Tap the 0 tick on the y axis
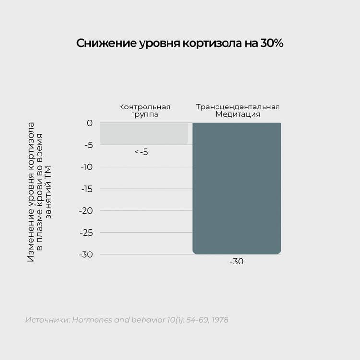tap(90, 123)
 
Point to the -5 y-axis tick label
tap(87, 145)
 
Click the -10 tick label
tap(86, 167)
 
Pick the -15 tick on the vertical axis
tap(86, 189)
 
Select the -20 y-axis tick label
tap(86, 211)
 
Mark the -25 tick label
tap(86, 232)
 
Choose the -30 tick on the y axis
tap(86, 254)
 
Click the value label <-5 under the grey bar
tap(141, 152)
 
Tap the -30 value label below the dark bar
tap(237, 262)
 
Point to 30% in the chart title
tap(272, 43)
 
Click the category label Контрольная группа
tap(144, 110)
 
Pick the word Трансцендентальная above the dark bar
tap(238, 107)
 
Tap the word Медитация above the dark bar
tap(238, 114)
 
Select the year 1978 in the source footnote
tap(219, 320)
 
